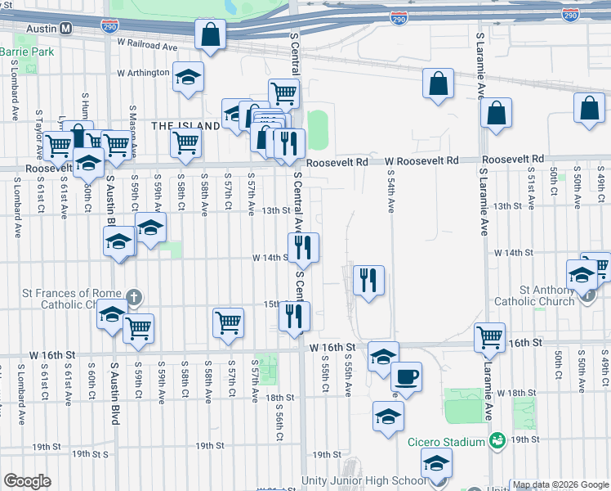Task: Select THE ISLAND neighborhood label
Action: (185, 125)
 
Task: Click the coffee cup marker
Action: (405, 377)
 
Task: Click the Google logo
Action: (27, 481)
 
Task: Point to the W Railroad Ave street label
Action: (147, 46)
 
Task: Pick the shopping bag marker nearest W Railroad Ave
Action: (210, 35)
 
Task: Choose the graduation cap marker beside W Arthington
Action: (189, 77)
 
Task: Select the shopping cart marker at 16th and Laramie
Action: (489, 336)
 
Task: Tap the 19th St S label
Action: (90, 453)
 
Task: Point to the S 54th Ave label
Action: (391, 192)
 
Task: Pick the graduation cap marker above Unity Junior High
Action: (437, 463)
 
